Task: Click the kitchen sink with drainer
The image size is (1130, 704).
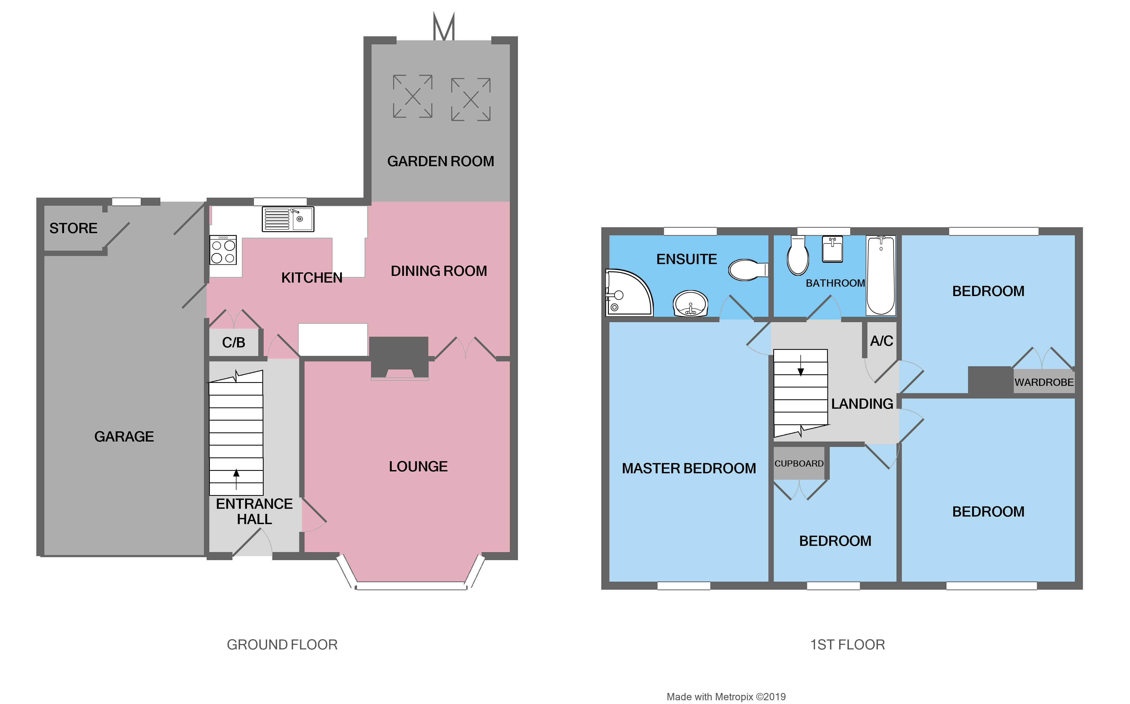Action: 288,219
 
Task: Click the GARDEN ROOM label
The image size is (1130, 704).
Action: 440,161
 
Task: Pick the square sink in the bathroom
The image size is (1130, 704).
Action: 832,249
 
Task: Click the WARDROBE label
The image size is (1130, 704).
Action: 1044,382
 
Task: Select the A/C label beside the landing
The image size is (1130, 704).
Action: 881,341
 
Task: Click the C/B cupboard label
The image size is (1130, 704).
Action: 233,343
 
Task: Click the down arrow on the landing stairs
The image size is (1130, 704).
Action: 801,365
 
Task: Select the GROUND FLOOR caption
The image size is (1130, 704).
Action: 282,644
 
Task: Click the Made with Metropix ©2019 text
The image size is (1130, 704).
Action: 726,696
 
